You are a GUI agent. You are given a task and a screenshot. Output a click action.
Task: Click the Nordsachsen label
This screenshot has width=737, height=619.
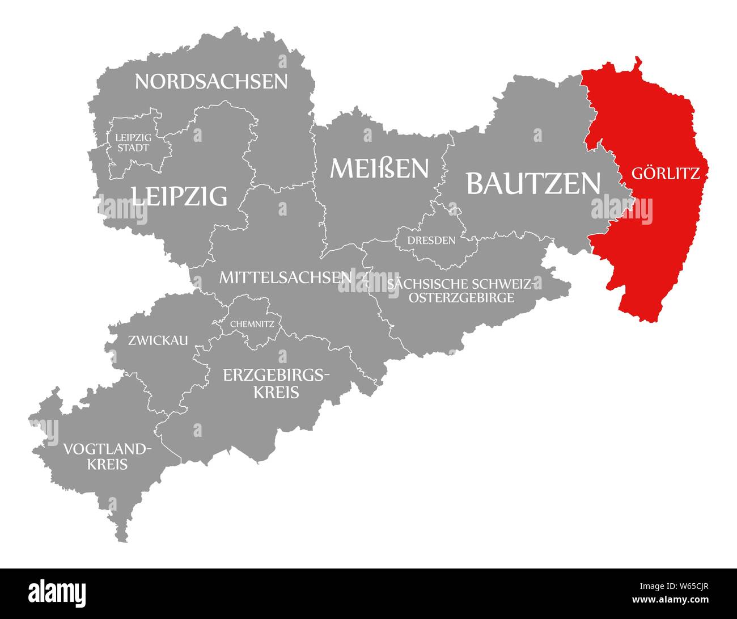tap(211, 81)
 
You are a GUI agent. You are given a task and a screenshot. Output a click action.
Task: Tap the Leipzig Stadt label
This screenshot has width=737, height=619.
tap(132, 142)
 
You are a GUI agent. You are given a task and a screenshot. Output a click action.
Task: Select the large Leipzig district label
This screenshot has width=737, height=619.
tap(179, 196)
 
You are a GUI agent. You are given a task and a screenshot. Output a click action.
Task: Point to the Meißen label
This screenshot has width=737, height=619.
tap(380, 168)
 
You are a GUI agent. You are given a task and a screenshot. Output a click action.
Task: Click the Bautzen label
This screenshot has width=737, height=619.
tap(533, 183)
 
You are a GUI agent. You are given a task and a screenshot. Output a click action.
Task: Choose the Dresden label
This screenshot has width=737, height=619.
tap(431, 240)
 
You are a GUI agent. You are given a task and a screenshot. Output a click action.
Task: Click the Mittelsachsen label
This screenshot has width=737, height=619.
tap(286, 277)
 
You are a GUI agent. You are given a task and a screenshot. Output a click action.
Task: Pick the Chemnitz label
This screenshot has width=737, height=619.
tap(252, 325)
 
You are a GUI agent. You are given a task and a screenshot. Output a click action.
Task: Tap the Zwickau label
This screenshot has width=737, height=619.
tap(158, 340)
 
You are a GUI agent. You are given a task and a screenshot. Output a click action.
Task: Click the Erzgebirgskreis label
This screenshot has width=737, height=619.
tap(276, 382)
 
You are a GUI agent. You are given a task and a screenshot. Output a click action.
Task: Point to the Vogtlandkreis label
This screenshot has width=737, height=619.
tap(107, 457)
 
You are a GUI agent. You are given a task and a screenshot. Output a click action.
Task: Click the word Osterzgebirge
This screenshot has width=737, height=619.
tap(460, 297)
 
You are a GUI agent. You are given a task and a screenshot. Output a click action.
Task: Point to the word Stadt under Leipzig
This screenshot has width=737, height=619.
tap(132, 148)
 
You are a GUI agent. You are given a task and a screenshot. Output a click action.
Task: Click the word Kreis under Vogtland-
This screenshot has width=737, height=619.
tap(107, 465)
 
